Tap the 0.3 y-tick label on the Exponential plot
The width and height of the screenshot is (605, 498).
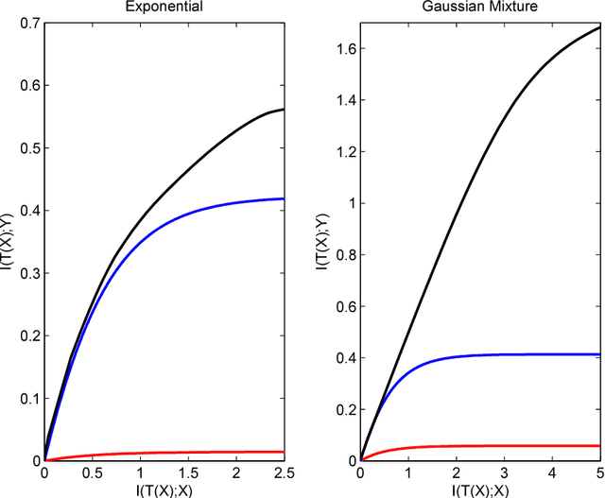[x=28, y=272]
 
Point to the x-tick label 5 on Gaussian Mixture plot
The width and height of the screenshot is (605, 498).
[x=600, y=473]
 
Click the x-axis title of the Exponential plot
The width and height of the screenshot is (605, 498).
[x=164, y=489]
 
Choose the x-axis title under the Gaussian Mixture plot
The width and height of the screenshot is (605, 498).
[x=480, y=489]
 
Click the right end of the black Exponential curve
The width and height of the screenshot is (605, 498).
[x=284, y=110]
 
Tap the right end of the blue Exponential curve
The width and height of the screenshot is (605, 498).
[x=284, y=198]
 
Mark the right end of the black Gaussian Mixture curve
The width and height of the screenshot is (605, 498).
[x=600, y=27]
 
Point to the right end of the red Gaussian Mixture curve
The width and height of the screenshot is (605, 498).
[x=600, y=445]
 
